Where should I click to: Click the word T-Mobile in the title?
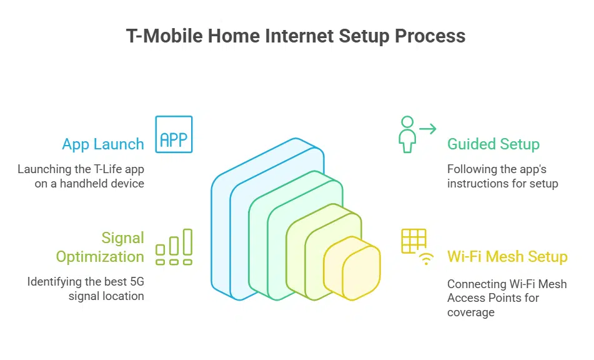[x=164, y=36]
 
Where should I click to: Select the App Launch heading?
[x=103, y=144]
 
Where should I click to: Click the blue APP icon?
[x=174, y=134]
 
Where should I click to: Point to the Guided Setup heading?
[x=493, y=144]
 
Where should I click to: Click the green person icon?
[x=407, y=134]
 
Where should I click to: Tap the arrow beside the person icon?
[x=428, y=129]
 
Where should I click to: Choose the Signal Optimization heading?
[x=100, y=247]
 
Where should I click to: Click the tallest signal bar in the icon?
[x=187, y=242]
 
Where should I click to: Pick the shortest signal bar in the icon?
[x=161, y=250]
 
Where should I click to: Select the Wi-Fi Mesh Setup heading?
[x=507, y=257]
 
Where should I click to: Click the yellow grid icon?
[x=413, y=241]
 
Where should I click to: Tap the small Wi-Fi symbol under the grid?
[x=426, y=259]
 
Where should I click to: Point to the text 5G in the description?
[x=137, y=281]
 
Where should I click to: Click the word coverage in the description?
[x=471, y=312]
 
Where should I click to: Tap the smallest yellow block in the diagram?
[x=352, y=268]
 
